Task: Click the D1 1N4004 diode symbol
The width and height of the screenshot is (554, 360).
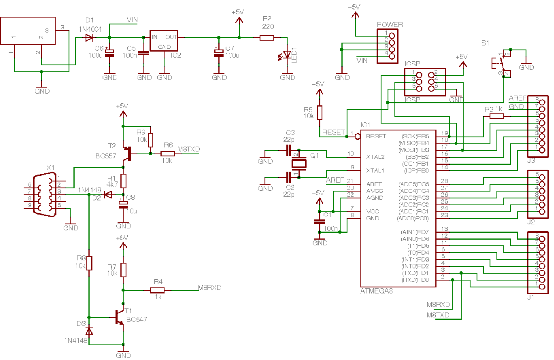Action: pos(89,37)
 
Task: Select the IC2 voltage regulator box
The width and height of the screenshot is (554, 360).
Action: pos(164,41)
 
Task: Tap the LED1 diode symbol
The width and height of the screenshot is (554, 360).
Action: pos(287,55)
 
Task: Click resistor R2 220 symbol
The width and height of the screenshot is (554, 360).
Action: pos(267,37)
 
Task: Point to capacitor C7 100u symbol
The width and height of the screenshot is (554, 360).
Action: pos(219,53)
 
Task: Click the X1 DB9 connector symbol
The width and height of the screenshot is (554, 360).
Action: pos(44,195)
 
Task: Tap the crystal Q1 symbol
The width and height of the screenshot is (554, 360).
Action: pos(299,163)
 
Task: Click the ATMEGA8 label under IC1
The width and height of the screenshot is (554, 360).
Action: pos(376,291)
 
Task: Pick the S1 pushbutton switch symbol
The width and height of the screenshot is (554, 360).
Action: pos(502,63)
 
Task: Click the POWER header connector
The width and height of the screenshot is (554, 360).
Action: pos(388,46)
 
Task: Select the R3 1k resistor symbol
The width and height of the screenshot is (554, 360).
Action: pos(497,116)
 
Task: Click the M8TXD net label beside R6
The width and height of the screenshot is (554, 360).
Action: pos(189,149)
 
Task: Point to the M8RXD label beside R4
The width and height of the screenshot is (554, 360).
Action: pos(210,288)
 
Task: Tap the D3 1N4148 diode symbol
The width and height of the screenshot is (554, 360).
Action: pos(89,331)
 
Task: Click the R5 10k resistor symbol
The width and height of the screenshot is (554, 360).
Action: pos(319,113)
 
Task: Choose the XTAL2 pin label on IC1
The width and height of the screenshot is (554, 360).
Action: pos(375,157)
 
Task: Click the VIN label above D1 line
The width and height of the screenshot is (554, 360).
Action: pos(132,20)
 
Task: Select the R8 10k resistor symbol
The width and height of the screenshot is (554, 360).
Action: pos(89,263)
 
